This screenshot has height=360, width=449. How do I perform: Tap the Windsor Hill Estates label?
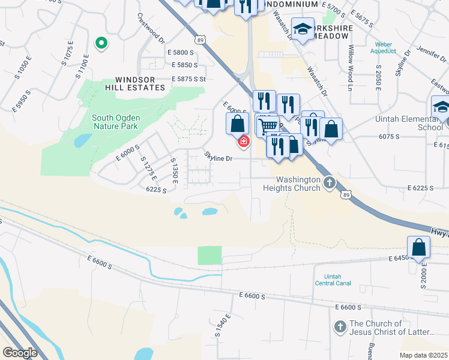tap(140, 83)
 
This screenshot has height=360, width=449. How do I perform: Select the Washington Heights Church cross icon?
tap(329, 183)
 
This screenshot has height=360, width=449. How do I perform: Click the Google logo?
tap(20, 353)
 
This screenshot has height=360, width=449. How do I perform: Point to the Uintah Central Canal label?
tap(333, 280)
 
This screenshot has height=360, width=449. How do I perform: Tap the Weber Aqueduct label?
tap(384, 47)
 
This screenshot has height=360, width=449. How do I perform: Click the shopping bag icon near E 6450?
tap(418, 247)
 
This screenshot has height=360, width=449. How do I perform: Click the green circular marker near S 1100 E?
tap(101, 43)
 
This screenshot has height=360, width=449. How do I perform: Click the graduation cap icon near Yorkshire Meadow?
tap(303, 29)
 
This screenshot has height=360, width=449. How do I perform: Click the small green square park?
tap(209, 255)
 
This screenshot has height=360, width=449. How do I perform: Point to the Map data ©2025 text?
tap(423, 355)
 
